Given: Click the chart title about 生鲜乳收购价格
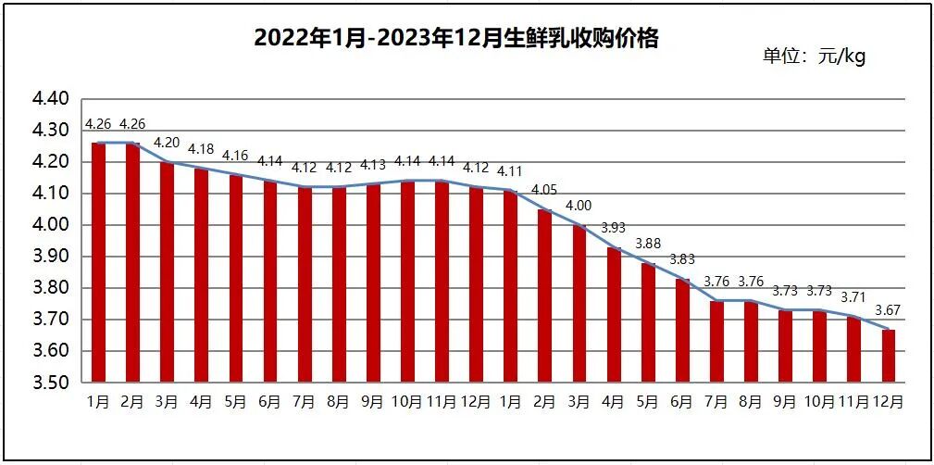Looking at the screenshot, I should point(456,38).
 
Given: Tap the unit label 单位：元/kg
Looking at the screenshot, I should point(814,57).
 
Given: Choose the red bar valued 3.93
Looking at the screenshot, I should point(613,315).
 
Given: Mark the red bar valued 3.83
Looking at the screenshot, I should point(682,331).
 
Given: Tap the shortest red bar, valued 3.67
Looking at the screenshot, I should point(888,356).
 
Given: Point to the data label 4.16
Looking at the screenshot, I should point(235,155).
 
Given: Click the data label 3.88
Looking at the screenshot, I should point(648,244).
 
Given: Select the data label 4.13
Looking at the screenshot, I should point(372,164).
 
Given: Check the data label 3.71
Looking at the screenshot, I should point(853,297).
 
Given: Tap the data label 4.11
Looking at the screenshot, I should point(510,170).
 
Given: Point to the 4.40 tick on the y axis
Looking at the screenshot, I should point(52,98).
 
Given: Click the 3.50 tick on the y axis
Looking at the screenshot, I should point(52,383).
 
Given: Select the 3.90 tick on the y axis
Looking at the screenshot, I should point(52,257).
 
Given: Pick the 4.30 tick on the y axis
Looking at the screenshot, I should point(52,130).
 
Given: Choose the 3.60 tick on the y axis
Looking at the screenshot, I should point(52,351).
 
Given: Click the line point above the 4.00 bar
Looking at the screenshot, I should point(579,225).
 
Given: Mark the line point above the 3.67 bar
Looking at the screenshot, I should point(888,329).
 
